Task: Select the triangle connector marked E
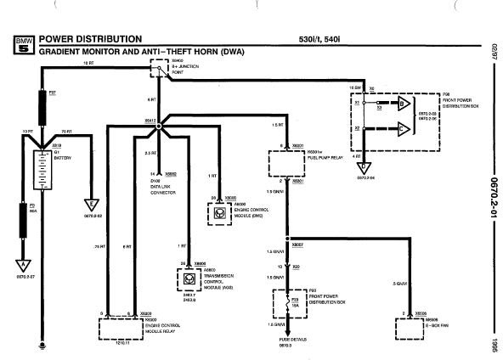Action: pos(89,205)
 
